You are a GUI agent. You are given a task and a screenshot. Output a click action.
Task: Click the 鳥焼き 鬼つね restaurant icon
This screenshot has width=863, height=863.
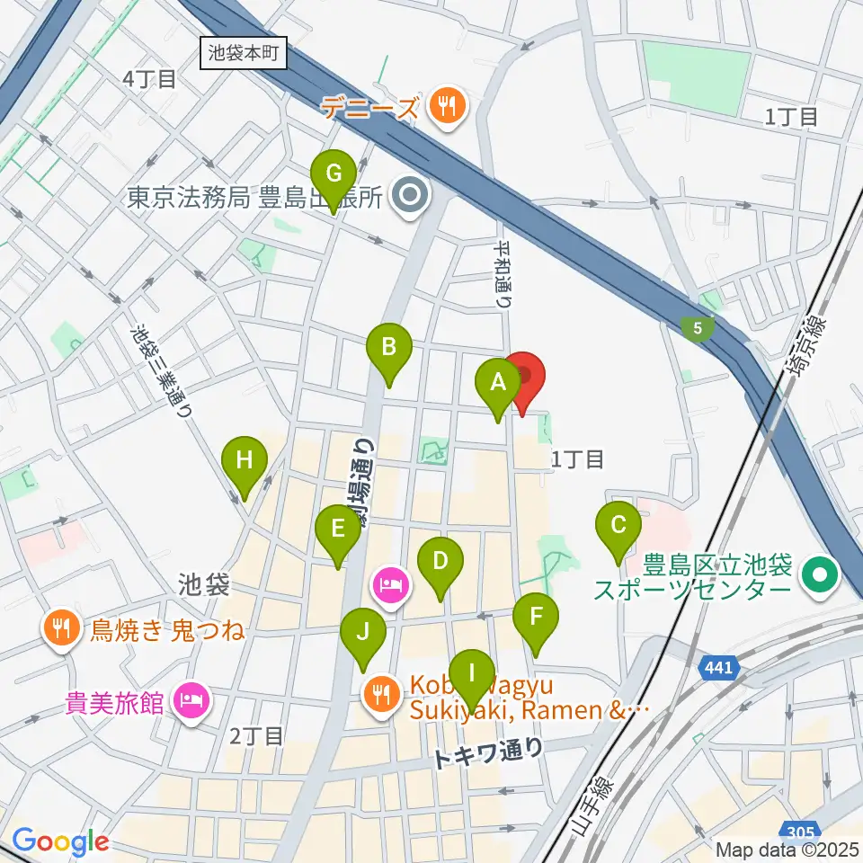61,627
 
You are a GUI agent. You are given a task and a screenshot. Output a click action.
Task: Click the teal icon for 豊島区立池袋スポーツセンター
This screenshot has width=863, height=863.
821,569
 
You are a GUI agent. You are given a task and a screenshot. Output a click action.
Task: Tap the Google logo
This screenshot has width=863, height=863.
60,841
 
